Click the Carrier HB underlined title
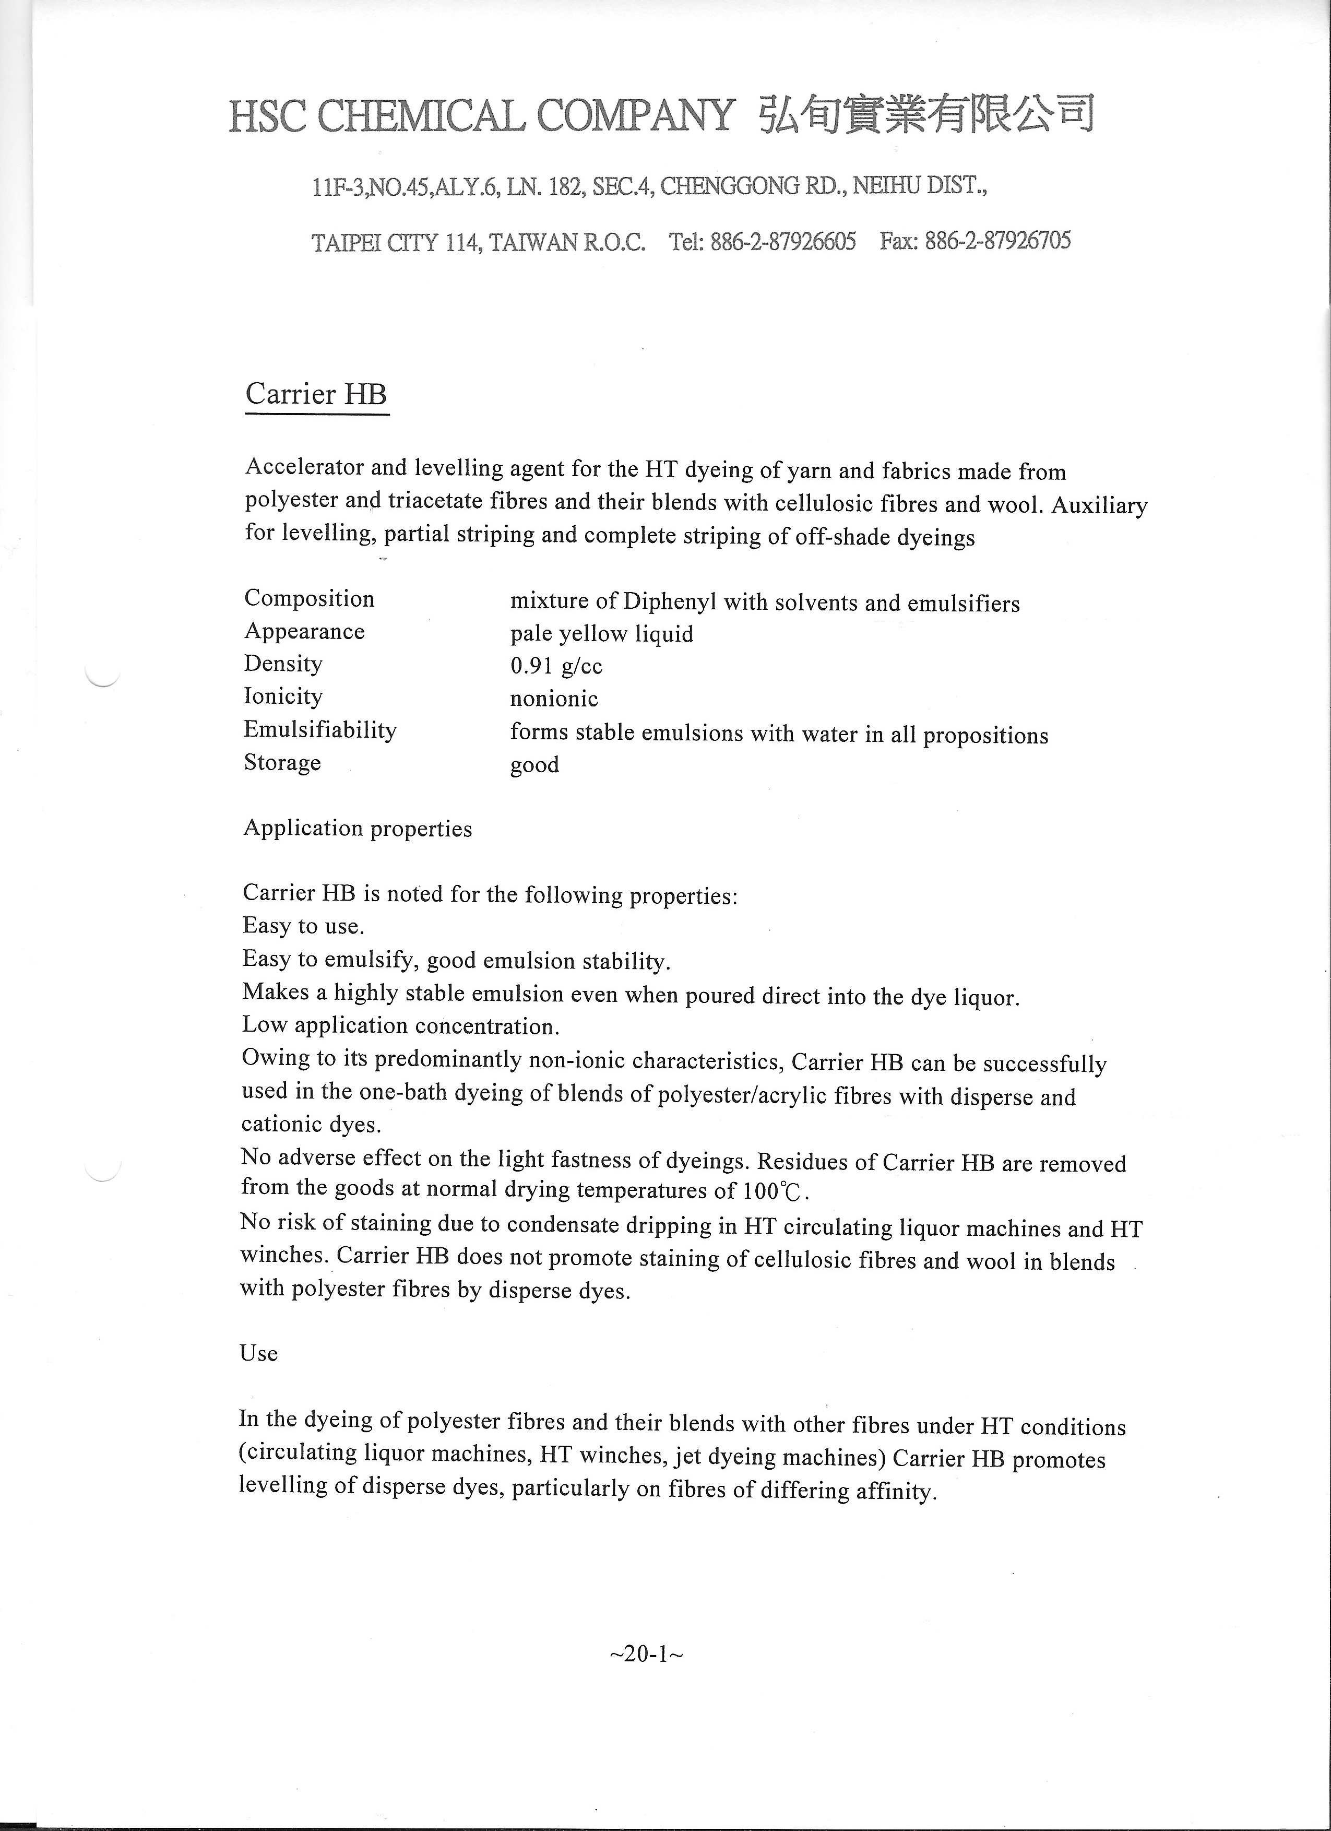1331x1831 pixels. [x=316, y=395]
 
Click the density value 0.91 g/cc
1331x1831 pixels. [x=556, y=666]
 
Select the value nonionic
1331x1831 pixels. [x=554, y=699]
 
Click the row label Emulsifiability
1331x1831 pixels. [x=320, y=730]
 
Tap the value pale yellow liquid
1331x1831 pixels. [x=601, y=634]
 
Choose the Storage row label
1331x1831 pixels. [x=282, y=763]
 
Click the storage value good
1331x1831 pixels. [x=534, y=765]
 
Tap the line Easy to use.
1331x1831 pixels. [x=303, y=926]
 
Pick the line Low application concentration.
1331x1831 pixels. [x=400, y=1026]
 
